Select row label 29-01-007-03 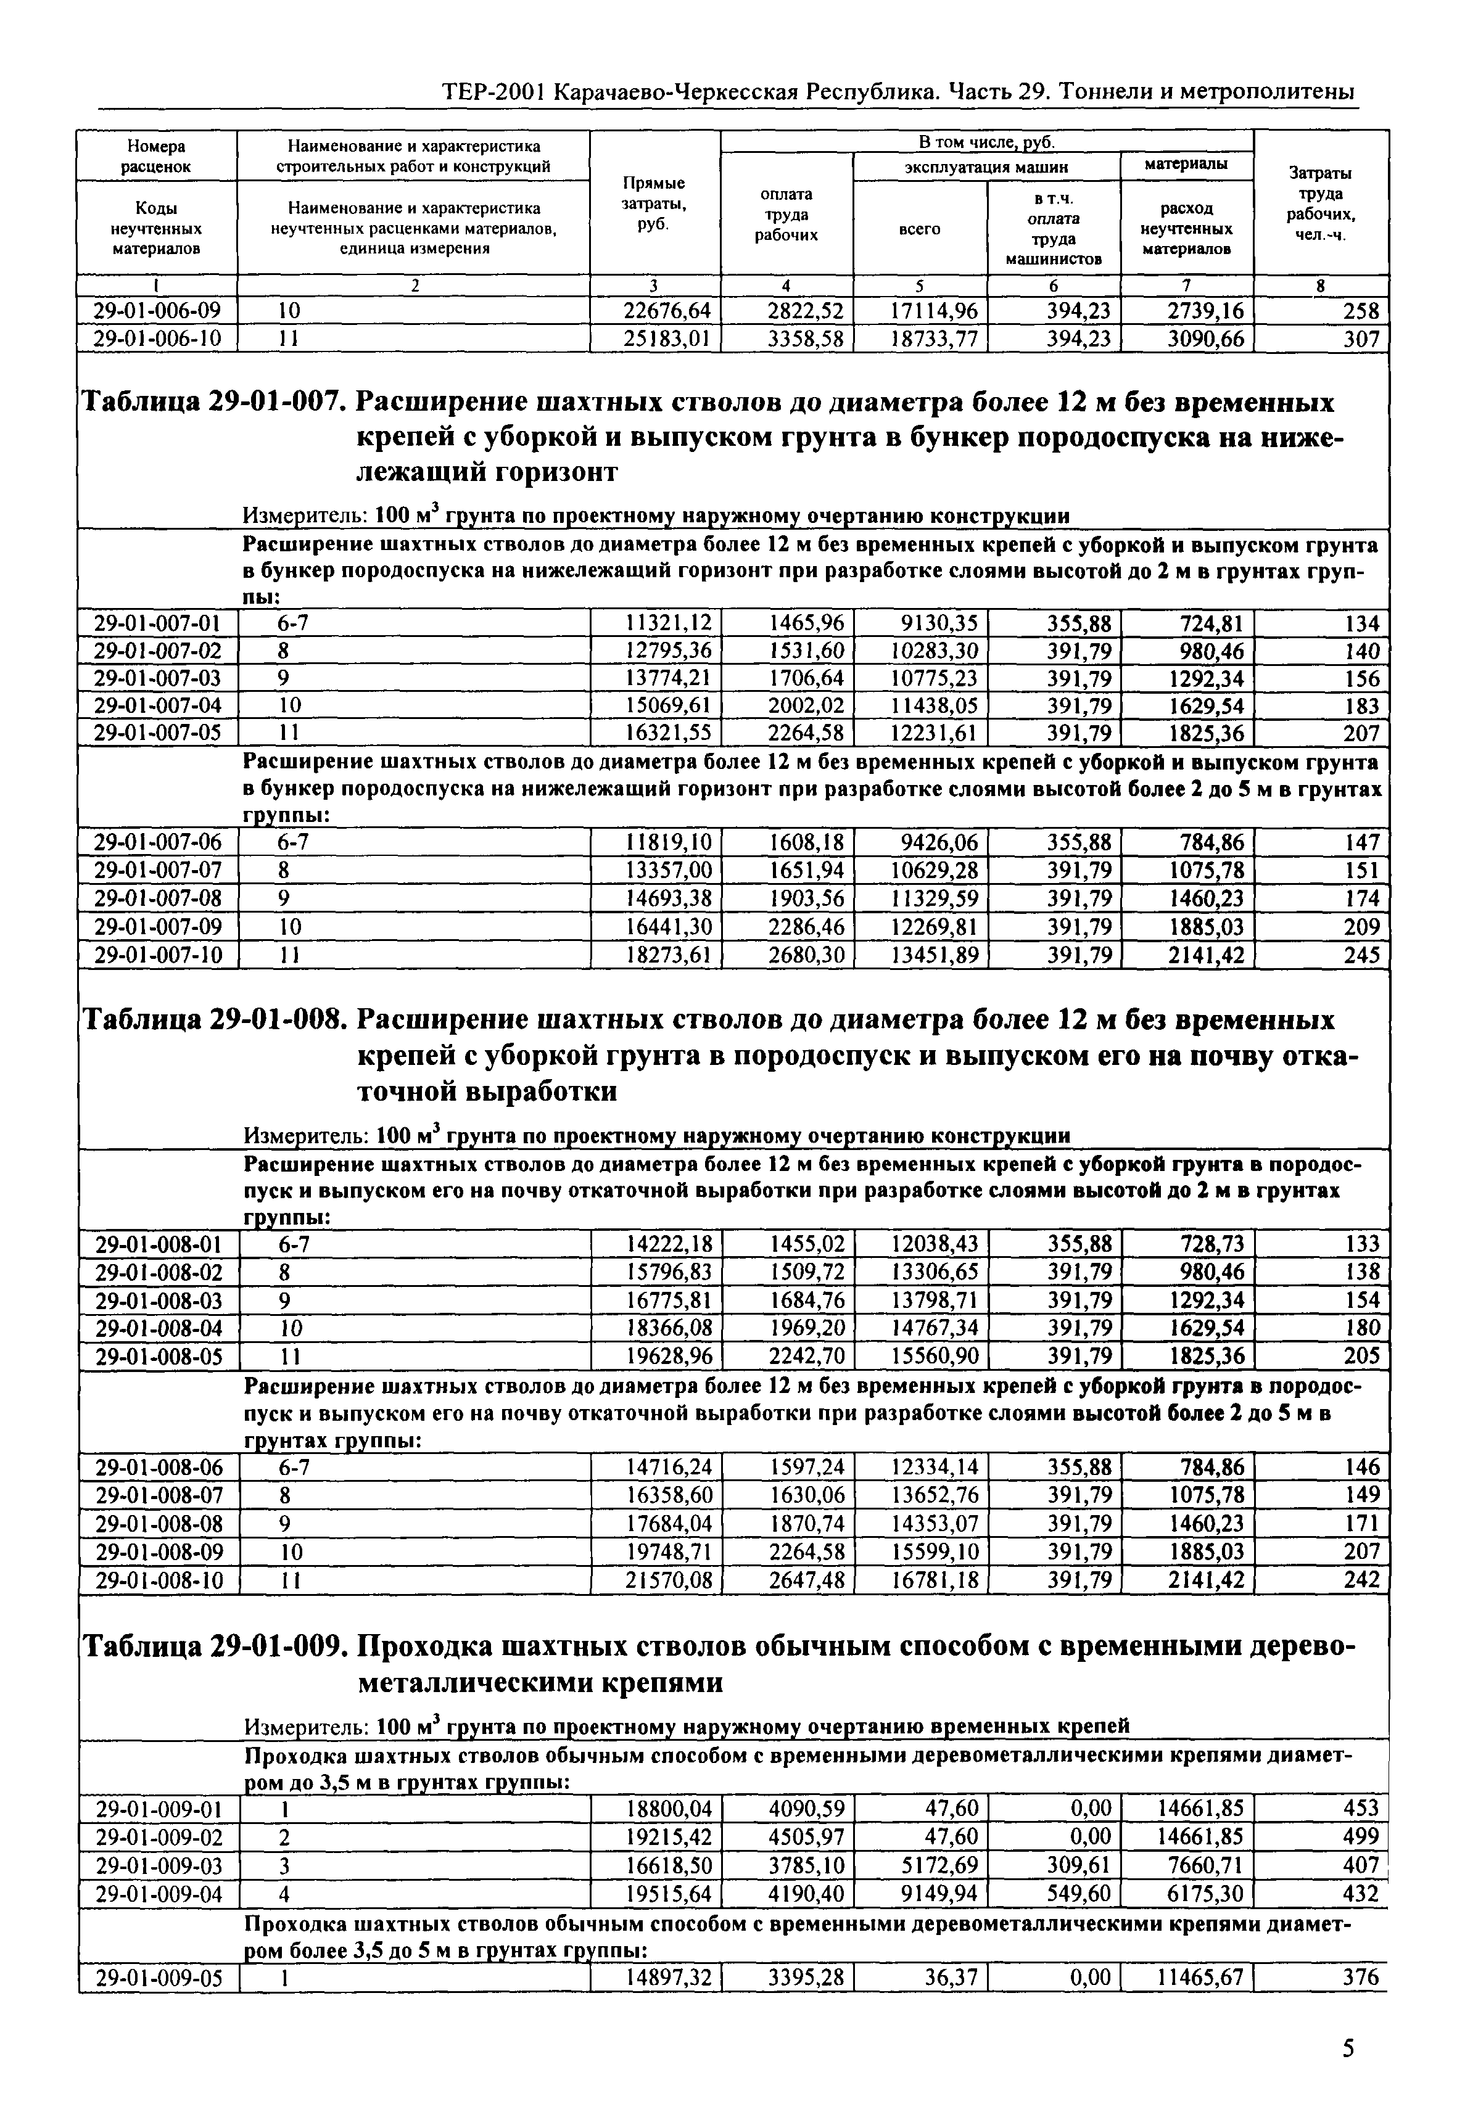click(x=157, y=678)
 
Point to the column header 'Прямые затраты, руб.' click(x=654, y=203)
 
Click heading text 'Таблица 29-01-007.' click(x=215, y=403)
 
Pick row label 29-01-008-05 click(x=157, y=1356)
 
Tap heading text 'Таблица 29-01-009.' click(x=215, y=1648)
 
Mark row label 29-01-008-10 click(x=157, y=1580)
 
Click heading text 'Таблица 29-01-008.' click(x=215, y=1019)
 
